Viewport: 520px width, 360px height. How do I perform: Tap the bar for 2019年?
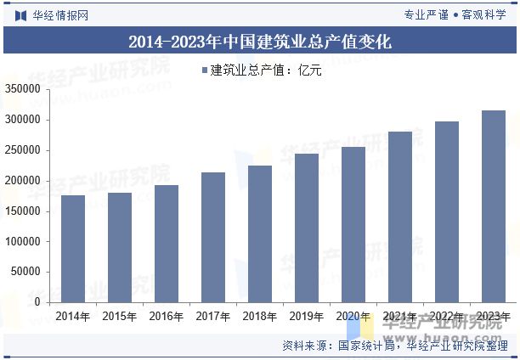pyautogui.click(x=307, y=228)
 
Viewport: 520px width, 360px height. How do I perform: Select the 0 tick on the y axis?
pyautogui.click(x=41, y=302)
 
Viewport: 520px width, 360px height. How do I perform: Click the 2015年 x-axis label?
pyautogui.click(x=120, y=317)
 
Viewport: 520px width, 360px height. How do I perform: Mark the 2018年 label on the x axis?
pyautogui.click(x=260, y=317)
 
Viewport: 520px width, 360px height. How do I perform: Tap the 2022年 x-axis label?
pyautogui.click(x=447, y=317)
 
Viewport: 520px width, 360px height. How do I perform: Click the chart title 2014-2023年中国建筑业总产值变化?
pyautogui.click(x=260, y=41)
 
